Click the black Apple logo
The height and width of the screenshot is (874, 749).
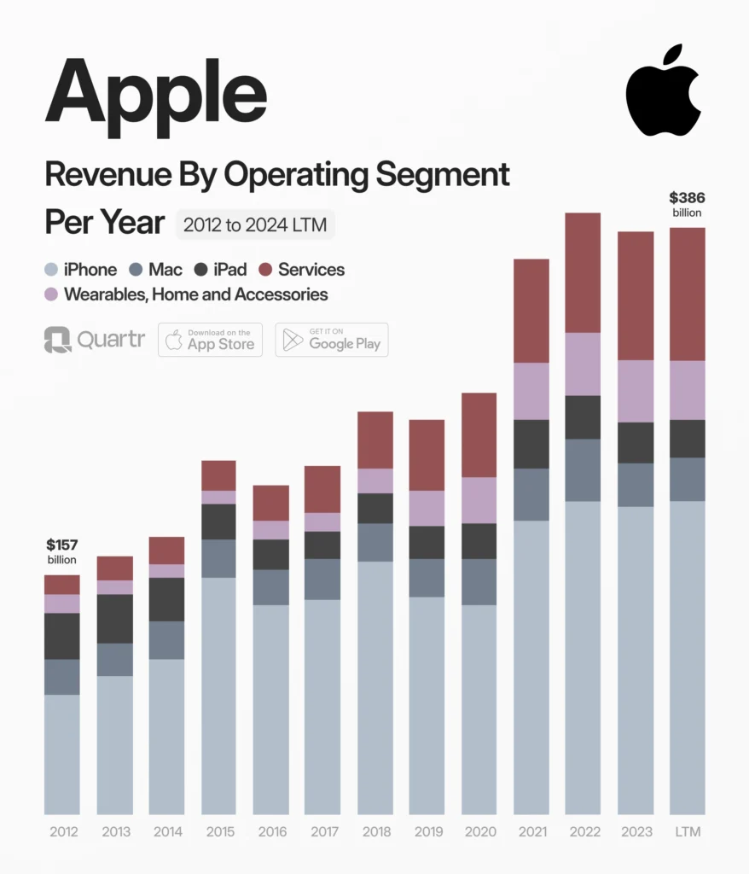coord(663,90)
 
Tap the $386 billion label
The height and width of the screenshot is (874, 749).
coord(687,205)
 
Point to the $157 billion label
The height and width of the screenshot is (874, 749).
coord(61,551)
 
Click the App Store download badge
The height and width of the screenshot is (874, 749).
coord(210,340)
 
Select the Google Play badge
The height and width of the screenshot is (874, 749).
coord(331,340)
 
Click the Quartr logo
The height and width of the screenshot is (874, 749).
coord(94,340)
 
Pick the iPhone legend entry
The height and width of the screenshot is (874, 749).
coord(80,270)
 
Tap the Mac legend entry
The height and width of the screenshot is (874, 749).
coord(155,270)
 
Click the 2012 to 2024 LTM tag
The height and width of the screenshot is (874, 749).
coord(256,225)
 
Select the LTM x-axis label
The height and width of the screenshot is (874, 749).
coord(687,832)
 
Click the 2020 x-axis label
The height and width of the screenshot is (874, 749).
coord(479,832)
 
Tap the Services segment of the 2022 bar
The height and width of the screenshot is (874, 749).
coord(583,272)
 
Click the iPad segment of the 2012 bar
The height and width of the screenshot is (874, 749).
coord(61,636)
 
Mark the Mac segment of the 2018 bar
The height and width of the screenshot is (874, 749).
coord(374,542)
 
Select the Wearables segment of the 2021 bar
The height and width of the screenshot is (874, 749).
coord(531,391)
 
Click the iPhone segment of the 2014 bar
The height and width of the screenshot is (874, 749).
coord(166,737)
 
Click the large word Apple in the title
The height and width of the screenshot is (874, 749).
coord(156,89)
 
